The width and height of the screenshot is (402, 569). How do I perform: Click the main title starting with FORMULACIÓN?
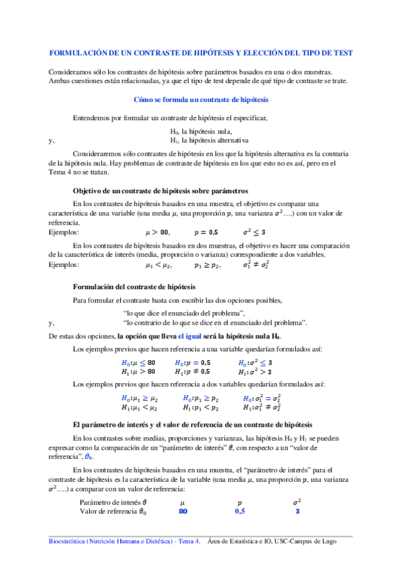tap(201, 52)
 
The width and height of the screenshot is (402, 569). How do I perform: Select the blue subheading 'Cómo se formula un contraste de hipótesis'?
tap(201, 99)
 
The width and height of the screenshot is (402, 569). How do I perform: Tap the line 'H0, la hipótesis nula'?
tap(201, 132)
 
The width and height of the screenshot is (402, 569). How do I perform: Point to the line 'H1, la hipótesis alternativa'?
tap(209, 141)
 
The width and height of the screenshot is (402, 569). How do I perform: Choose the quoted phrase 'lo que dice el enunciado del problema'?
tap(185, 313)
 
